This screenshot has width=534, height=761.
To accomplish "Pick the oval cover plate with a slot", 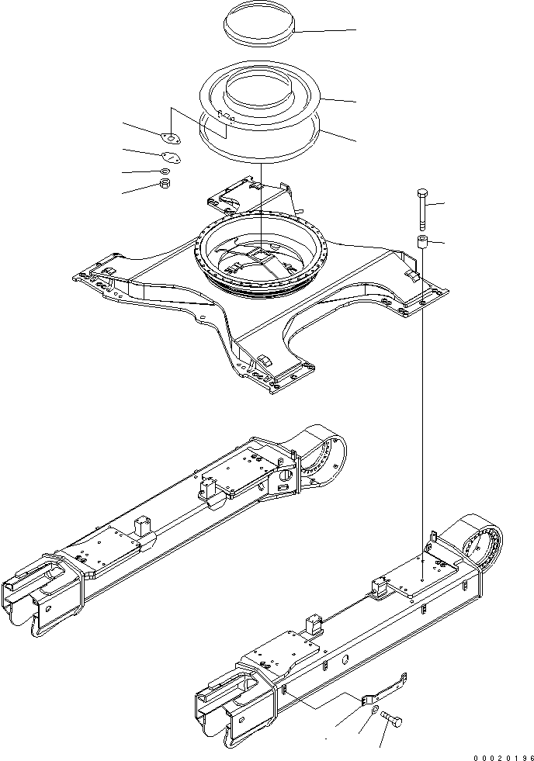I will point(170,157).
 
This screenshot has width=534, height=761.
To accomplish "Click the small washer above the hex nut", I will point(165,171).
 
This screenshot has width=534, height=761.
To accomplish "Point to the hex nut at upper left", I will point(164,185).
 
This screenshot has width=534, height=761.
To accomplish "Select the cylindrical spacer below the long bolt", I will point(423,243).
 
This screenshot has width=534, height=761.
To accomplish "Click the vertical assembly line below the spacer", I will point(423,388).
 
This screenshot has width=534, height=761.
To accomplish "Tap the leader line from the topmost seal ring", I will point(326,30).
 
